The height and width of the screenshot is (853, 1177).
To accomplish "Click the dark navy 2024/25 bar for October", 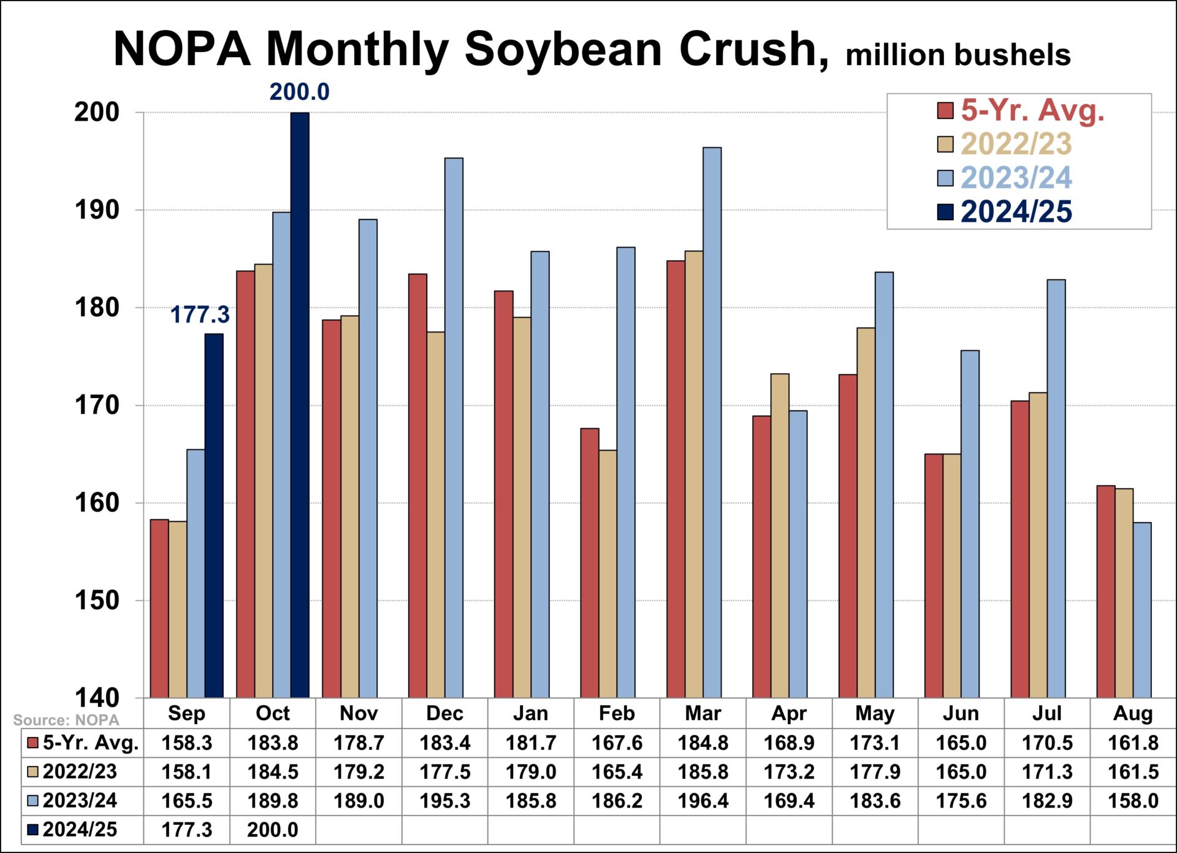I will [x=300, y=405].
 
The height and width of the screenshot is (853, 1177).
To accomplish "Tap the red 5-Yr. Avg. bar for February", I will [x=590, y=562].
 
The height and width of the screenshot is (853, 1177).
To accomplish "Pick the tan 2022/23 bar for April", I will [x=780, y=535].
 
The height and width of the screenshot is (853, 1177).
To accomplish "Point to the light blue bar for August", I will [x=1142, y=610].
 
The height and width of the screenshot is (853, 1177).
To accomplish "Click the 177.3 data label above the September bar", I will [x=199, y=315].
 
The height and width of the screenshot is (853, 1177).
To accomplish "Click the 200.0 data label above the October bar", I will [x=299, y=92].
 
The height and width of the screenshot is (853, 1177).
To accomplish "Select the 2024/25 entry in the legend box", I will [x=1016, y=212].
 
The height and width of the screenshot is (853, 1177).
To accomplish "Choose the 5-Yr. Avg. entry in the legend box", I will [x=1032, y=110].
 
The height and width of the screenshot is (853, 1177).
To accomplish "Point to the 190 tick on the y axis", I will [x=97, y=210].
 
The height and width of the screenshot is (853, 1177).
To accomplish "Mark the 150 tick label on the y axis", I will [x=97, y=600].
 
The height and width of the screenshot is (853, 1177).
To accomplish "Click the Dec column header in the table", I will [x=444, y=713].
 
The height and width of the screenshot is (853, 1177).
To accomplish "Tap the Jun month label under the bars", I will [x=961, y=713].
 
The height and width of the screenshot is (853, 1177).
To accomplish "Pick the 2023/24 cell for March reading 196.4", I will [x=703, y=801].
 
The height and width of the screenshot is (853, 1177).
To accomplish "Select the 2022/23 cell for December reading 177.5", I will [x=444, y=771].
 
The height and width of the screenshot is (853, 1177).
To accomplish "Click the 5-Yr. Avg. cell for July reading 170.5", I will [x=1046, y=743].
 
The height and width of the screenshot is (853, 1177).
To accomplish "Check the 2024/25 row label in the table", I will [x=79, y=830].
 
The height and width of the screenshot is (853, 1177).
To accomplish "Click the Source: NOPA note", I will [x=66, y=720].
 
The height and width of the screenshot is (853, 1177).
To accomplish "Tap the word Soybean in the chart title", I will [x=563, y=49].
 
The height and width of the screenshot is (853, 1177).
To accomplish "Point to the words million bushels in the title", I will [x=958, y=55].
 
